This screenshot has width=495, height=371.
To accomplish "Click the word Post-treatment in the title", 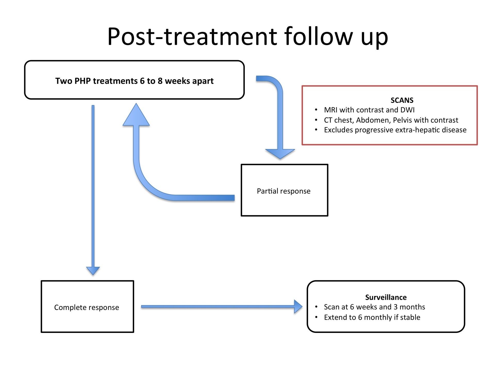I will tap(192, 37).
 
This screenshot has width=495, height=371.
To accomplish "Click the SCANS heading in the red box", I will tap(402, 100).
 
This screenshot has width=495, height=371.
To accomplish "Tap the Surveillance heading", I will tap(386, 297).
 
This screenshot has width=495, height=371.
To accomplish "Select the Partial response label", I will tap(284, 191).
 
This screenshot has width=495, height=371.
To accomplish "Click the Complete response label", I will tap(87, 307).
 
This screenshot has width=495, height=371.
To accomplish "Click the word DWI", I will tap(407, 110).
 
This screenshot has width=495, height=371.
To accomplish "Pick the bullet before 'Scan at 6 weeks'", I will tap(316, 307).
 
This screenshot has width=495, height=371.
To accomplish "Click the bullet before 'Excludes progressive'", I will tap(316, 130).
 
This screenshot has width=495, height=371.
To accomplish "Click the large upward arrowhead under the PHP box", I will tap(136, 116).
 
